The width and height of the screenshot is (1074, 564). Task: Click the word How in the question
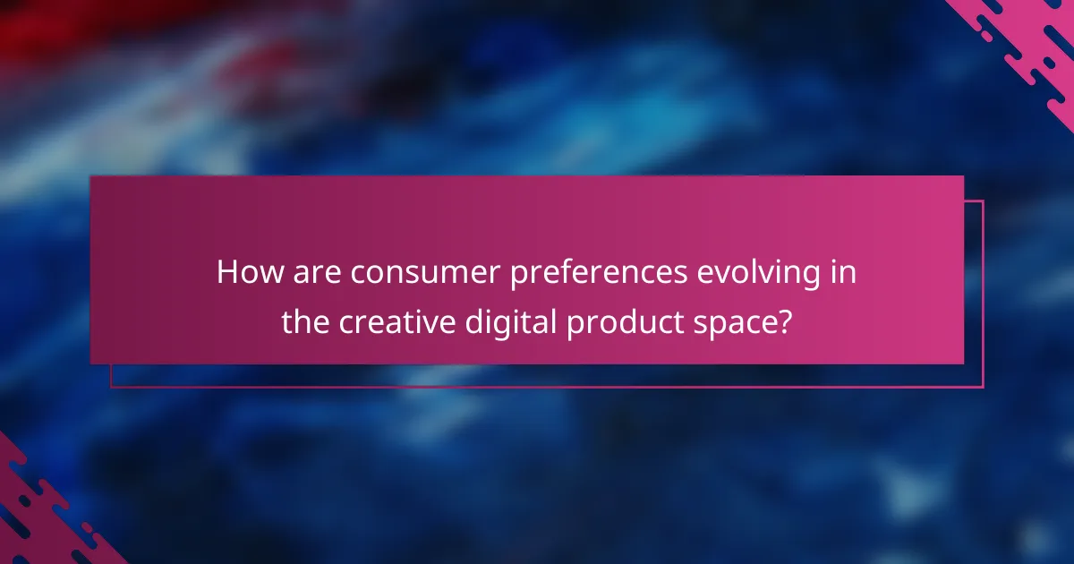point(246,272)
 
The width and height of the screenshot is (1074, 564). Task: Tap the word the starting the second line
point(306,322)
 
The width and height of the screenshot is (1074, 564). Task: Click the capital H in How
point(226,272)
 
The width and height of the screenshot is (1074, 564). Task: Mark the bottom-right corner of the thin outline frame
point(983,387)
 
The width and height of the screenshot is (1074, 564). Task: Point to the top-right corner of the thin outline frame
point(983,201)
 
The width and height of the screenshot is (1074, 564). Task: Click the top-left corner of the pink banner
point(91,176)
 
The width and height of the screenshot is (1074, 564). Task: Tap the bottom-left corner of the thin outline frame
point(111,387)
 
